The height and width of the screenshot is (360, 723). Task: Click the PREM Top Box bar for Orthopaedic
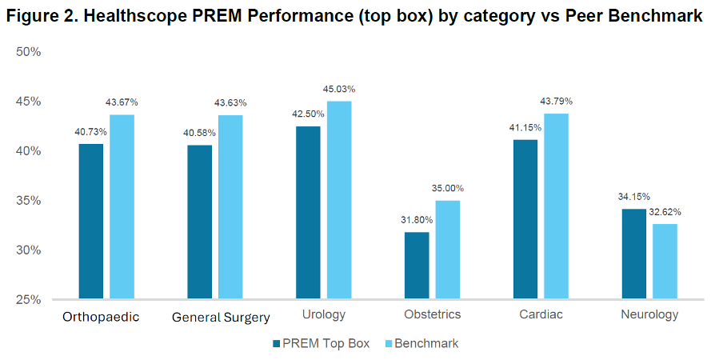tap(90, 221)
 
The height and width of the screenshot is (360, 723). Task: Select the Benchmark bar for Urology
tap(339, 200)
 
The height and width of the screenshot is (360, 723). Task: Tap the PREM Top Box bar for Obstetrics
tap(417, 266)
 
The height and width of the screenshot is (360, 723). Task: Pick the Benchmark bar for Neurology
tap(665, 261)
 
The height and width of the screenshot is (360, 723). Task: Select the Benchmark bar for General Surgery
tap(230, 207)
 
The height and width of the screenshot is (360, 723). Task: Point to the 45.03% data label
tap(340, 90)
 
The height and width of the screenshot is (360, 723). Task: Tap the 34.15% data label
tap(634, 197)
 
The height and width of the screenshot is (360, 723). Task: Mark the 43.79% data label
tap(556, 102)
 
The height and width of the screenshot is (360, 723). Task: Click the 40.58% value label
tap(200, 133)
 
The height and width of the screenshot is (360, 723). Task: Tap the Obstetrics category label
tap(432, 314)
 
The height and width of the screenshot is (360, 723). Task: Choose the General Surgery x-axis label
tap(221, 318)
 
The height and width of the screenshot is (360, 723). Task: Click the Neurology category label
tap(649, 314)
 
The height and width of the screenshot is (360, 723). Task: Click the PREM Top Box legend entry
tap(322, 343)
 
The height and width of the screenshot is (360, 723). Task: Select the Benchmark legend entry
tap(425, 343)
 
